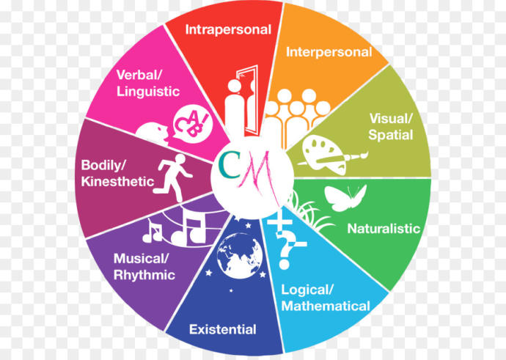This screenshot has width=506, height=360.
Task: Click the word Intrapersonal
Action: point(228,30)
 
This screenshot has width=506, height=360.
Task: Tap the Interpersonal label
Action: point(329,52)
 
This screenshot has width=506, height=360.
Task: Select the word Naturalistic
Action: point(384,229)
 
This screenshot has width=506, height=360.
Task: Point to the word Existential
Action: point(223,329)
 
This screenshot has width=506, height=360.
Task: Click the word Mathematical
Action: point(326,306)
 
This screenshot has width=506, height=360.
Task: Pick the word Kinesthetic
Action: point(117,182)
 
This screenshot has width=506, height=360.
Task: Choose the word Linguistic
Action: point(148,92)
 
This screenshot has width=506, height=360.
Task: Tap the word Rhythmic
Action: point(144,275)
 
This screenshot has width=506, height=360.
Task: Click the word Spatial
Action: point(390,135)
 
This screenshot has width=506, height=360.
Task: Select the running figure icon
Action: point(173,177)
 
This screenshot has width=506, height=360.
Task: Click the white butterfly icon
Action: point(345,197)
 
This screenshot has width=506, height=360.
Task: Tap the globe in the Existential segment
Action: point(240,255)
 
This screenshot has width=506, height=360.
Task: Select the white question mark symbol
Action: point(285,250)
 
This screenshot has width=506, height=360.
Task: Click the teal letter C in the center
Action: point(229,165)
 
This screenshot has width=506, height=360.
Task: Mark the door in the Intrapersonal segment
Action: point(249,100)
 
